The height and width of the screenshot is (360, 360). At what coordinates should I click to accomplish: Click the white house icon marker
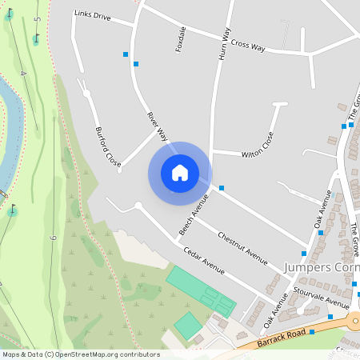[x=179, y=172]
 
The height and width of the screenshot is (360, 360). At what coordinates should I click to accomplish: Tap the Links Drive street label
[x=92, y=14]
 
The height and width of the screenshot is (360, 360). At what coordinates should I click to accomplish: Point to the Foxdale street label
[x=181, y=39]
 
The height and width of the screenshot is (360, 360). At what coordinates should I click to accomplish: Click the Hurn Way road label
[x=224, y=44]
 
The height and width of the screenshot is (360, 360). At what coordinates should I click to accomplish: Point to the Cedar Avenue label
[x=204, y=262]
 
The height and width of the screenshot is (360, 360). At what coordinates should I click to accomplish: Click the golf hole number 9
[x=53, y=238]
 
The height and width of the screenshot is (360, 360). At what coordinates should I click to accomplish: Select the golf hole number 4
[x=23, y=74]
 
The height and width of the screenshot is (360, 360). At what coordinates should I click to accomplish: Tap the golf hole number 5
[x=38, y=19]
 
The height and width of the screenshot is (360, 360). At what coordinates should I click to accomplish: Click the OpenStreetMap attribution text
[x=80, y=354]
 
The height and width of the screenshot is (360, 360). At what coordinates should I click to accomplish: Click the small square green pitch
[x=188, y=325]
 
